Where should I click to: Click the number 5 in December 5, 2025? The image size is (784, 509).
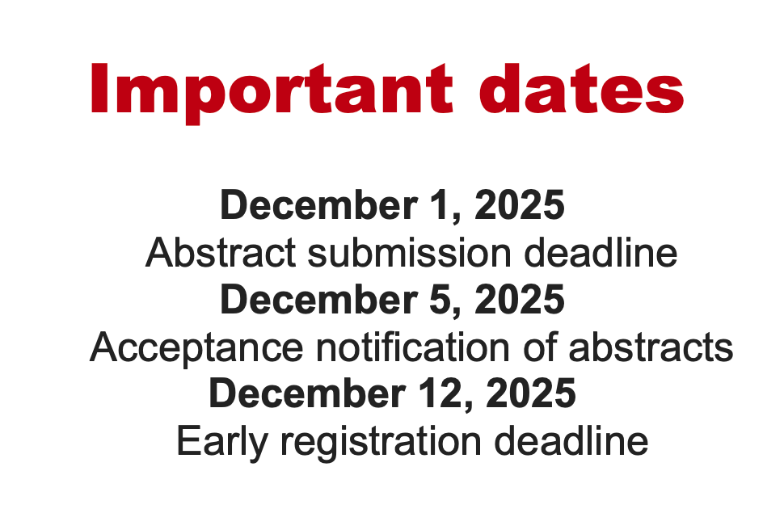coord(438,301)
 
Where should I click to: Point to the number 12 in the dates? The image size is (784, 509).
coord(444,394)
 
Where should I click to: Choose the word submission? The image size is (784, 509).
coord(408,254)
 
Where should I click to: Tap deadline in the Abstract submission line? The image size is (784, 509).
coord(601,254)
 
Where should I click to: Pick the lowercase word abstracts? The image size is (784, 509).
coord(651,348)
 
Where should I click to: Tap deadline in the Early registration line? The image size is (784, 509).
coord(572,443)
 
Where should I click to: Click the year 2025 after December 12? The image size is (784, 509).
coord(532,394)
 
